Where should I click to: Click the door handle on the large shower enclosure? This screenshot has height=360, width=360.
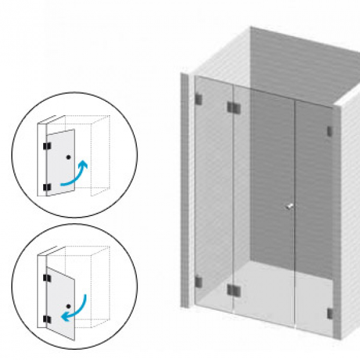click(290, 207)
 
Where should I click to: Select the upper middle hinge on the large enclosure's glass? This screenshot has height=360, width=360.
click(233, 107)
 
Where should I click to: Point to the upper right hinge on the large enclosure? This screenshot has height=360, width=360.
click(329, 131)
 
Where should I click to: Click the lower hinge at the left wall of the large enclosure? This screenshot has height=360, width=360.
click(198, 280)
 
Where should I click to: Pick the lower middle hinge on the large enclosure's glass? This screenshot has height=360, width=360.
click(233, 291)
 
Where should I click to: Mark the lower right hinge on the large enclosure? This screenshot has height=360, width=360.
click(329, 313)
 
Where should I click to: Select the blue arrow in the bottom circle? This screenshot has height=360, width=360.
click(77, 306)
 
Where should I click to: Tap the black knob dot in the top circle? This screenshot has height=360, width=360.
click(69, 157)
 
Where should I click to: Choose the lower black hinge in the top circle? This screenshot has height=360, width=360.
click(46, 188)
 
